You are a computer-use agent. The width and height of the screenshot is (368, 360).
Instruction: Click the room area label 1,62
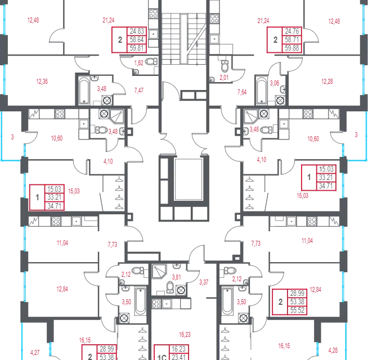(x=139, y=63)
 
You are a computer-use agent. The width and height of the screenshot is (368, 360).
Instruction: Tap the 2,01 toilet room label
(x=224, y=77)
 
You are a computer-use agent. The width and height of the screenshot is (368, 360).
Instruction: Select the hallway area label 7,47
(x=139, y=91)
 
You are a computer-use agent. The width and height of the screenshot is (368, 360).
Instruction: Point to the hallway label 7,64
(x=242, y=92)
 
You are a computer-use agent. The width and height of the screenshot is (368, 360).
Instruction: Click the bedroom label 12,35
(x=42, y=82)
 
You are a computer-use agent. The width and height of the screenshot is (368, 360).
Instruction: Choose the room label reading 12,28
(x=327, y=82)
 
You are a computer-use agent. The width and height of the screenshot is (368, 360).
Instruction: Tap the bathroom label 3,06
(x=275, y=83)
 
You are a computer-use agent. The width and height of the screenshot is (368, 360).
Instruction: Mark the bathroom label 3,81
(x=177, y=277)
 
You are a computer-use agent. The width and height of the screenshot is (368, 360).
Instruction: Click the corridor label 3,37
(x=204, y=282)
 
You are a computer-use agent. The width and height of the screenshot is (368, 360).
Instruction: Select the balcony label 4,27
(x=35, y=352)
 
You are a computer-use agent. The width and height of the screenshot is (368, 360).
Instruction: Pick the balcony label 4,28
(x=333, y=350)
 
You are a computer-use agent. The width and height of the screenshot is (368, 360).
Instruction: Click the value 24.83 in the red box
(x=137, y=31)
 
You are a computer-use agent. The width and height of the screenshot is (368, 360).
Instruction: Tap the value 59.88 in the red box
(x=292, y=48)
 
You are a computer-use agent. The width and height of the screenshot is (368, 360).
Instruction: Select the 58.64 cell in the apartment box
(x=137, y=39)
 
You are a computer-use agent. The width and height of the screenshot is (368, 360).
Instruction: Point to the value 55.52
(x=297, y=310)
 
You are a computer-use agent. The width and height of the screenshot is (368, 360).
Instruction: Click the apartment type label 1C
(x=161, y=357)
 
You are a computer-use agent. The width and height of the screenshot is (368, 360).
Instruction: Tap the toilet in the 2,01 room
(x=225, y=66)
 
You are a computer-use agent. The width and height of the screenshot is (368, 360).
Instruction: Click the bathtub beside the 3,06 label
(x=262, y=91)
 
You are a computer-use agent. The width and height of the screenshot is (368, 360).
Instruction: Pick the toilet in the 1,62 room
(x=151, y=62)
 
